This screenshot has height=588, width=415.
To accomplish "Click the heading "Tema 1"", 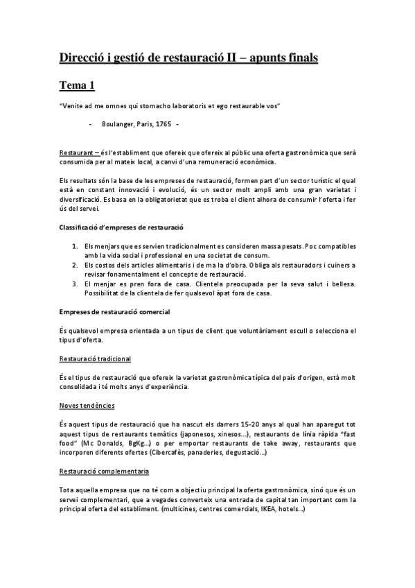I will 76,85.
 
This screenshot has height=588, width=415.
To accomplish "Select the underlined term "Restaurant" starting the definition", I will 77,152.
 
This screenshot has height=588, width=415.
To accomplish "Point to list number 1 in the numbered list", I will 75,245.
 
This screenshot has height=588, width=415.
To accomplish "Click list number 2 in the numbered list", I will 75,264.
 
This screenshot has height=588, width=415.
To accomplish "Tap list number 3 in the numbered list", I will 75,283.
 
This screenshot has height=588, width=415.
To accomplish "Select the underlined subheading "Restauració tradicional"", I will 95,358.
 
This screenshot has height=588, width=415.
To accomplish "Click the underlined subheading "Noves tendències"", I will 87,404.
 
